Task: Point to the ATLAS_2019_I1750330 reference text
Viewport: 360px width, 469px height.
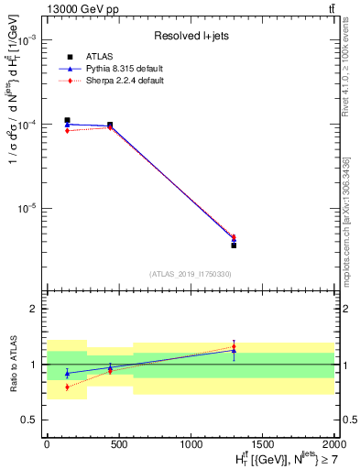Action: coord(190,274)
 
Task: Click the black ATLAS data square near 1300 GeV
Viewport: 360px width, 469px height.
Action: coord(234,245)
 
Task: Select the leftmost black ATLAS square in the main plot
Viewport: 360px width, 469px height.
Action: coord(67,120)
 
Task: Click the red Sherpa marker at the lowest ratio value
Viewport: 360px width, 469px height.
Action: coord(67,387)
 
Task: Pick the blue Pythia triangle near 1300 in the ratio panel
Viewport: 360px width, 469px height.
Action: coord(234,350)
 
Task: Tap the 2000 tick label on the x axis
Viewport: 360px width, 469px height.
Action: coord(333,442)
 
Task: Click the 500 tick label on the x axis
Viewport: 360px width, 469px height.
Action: coord(118,442)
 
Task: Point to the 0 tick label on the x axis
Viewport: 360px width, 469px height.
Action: coord(47,442)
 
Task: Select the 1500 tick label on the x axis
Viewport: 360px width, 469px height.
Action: coord(262,442)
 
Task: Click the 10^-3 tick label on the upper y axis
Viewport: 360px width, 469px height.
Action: coord(27,41)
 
